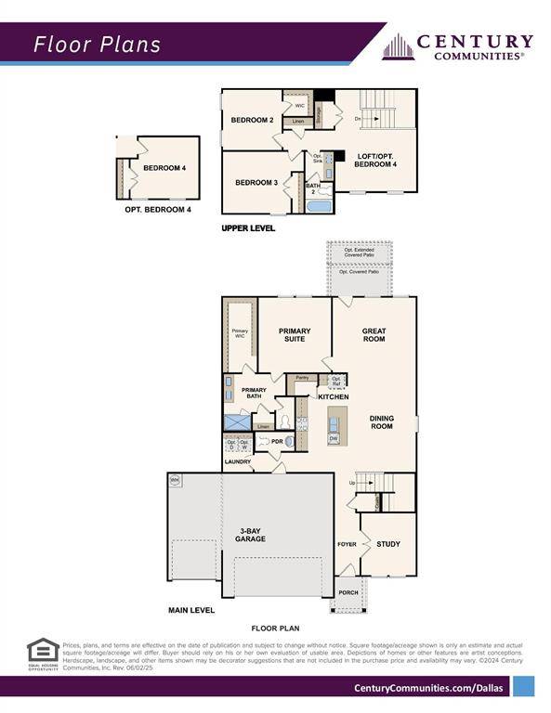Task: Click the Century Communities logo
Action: (x=458, y=46)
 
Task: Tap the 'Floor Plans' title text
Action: (x=98, y=44)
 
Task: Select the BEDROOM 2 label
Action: (x=251, y=121)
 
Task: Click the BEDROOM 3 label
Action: (x=256, y=183)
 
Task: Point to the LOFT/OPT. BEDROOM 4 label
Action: (x=377, y=160)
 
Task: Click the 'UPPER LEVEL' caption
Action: (x=248, y=227)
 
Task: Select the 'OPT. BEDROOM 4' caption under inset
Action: (x=158, y=210)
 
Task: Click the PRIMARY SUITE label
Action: (x=295, y=335)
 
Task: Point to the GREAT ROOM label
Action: (x=374, y=335)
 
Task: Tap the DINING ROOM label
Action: (x=381, y=422)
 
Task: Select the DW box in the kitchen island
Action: (x=333, y=438)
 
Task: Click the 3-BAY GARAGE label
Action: (x=250, y=535)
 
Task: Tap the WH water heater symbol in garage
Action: (x=174, y=480)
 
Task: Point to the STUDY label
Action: (x=388, y=544)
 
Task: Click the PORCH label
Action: (x=348, y=592)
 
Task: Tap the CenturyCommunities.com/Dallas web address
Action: (x=430, y=687)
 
